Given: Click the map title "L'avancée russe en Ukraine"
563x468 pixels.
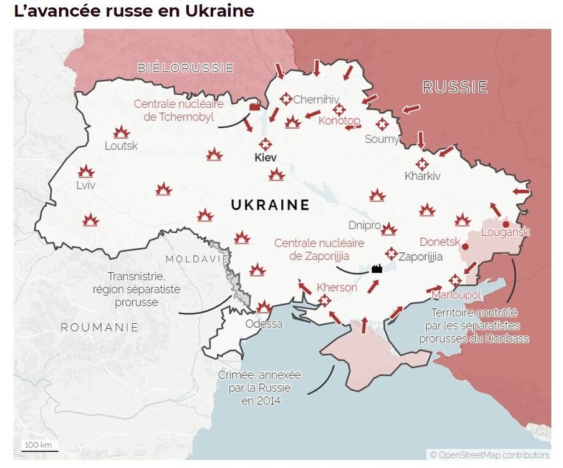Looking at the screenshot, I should click(x=134, y=12).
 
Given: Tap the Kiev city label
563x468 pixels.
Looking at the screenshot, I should click(x=266, y=158).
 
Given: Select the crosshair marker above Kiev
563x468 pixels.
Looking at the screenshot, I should click(x=266, y=144).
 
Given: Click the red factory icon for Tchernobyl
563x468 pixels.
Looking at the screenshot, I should click(x=254, y=106).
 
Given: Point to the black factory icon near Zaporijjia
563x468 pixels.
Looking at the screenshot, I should click(x=376, y=268).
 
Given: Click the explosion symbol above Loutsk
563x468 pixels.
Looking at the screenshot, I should click(x=121, y=132).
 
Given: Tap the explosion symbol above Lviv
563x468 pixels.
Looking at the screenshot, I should click(x=86, y=172).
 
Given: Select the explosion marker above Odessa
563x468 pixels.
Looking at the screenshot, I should click(x=264, y=306).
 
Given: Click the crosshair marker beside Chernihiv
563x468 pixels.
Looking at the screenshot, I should click(x=286, y=99).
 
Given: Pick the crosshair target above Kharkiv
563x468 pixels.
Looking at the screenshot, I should click(x=422, y=164).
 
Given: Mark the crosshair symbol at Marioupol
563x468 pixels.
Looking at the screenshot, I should click(x=455, y=280).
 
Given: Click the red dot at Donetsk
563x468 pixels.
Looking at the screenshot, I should click(x=464, y=247).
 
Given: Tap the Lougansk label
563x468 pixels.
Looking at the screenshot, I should click(x=506, y=233).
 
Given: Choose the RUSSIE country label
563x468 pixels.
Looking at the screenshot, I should click(x=455, y=87).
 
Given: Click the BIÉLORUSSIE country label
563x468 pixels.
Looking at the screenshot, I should click(x=186, y=68).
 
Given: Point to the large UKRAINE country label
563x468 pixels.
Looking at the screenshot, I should click(x=270, y=205).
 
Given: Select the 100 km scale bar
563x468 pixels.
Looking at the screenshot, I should click(x=40, y=446).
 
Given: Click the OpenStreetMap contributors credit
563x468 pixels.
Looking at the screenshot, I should click(x=489, y=455).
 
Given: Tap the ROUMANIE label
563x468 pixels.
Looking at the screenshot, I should click(x=100, y=328).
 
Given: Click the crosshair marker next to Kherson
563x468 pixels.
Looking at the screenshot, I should click(x=324, y=301).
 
